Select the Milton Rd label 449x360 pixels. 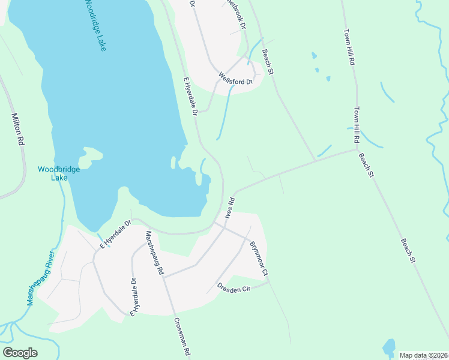tap(19, 129)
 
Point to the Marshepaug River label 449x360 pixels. tap(40, 278)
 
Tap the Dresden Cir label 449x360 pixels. tap(234, 287)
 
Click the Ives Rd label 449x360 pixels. tap(229, 208)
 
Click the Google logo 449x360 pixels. tap(20, 353)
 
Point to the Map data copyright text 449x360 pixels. tap(424, 355)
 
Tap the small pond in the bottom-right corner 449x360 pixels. tap(389, 347)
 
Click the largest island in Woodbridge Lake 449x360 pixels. tap(90, 155)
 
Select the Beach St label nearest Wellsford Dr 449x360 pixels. tap(267, 62)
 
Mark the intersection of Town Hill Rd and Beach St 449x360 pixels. tap(357, 149)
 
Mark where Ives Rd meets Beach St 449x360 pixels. tap(315, 161)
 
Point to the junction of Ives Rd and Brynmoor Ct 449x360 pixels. tap(225, 227)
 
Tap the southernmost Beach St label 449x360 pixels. tap(407, 250)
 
